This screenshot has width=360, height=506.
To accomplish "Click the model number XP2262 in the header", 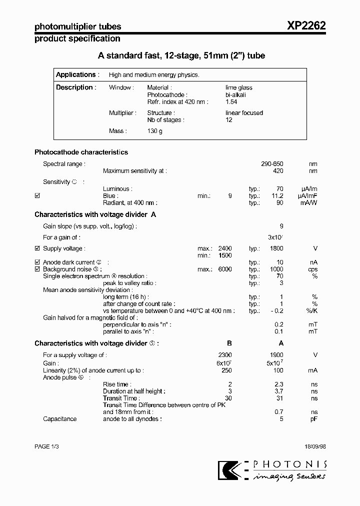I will point(306,26).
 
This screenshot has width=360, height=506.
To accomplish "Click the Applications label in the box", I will point(75,75).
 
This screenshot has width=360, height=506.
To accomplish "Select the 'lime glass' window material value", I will point(239,87).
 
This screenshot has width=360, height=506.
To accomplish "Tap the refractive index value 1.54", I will point(231,101).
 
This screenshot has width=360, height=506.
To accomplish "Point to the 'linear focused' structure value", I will point(244,113).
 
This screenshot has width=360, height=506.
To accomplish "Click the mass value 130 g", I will point(154,131).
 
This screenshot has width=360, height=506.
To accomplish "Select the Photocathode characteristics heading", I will point(81,152).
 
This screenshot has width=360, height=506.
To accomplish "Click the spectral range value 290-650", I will point(272,164).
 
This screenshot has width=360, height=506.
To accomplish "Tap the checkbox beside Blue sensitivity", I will point(37,196).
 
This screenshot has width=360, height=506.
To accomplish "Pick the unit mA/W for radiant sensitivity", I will point(309,203).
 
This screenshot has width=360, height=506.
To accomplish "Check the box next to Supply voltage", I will point(37,248).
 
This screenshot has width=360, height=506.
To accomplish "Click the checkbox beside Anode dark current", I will point(37,262).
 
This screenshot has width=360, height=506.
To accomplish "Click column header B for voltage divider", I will point(229,343).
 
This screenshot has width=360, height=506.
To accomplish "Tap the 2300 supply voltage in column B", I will point(224,355).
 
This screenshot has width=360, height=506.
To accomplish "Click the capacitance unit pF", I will point(313,419).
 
